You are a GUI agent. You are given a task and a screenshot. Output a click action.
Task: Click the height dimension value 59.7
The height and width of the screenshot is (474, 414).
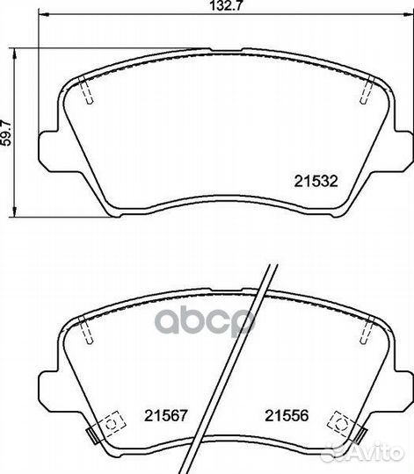click(6, 133)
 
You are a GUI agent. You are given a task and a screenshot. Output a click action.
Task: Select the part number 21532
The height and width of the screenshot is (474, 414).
click(316, 182)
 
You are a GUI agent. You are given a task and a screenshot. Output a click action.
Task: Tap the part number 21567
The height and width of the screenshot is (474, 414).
click(166, 416)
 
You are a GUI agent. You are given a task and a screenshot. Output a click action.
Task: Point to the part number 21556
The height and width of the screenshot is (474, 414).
click(287, 416)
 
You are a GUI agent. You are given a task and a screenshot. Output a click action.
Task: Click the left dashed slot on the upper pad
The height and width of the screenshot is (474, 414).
click(85, 90)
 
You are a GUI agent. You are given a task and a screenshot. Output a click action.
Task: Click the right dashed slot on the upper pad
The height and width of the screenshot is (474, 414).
click(367, 90)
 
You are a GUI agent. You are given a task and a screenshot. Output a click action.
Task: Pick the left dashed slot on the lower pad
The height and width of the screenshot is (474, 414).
click(85, 330)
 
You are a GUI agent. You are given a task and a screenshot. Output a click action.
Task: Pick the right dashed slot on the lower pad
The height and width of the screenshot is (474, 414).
click(367, 330)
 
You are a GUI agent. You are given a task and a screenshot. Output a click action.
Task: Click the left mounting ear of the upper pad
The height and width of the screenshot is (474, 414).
click(49, 151)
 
